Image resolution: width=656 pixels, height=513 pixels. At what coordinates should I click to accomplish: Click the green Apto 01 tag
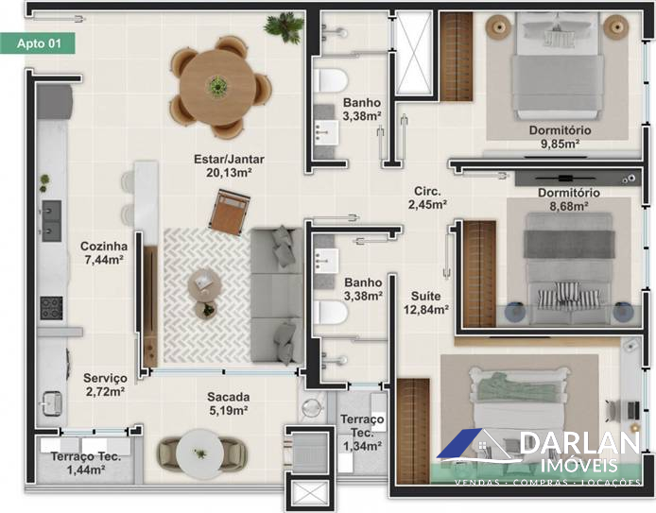point(38,43)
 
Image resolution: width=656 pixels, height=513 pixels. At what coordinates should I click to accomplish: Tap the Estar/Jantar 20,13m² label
point(229,165)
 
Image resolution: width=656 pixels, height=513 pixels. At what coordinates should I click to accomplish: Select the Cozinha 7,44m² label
point(104,252)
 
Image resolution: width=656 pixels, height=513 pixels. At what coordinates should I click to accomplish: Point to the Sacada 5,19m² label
point(229,403)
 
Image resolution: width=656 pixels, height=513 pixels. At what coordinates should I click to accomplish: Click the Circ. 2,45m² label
point(427,197)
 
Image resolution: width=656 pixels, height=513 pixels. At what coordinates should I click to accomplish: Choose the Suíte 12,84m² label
point(426,302)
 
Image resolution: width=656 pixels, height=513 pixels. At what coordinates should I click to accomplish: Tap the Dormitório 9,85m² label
point(560,137)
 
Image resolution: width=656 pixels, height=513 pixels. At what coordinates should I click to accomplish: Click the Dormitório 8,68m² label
point(568,199)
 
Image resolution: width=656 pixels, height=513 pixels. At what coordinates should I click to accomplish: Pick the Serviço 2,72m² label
point(105,385)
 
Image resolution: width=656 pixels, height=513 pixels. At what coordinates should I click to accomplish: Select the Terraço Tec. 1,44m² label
point(86,463)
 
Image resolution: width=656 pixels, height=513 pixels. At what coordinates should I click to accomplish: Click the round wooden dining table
point(217,87)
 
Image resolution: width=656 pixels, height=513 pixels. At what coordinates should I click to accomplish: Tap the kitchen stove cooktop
point(51,308)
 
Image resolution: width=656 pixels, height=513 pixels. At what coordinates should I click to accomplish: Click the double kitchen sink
point(51,221)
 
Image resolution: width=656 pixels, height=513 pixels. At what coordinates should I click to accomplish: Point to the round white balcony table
point(200,453)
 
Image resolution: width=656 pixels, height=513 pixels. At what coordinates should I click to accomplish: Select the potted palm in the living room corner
point(285,26)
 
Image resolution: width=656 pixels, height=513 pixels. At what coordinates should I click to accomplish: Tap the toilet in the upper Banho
point(330,80)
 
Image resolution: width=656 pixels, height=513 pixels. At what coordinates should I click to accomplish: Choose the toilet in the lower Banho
point(330,313)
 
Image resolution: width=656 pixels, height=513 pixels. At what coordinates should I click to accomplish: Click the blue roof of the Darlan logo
point(459,443)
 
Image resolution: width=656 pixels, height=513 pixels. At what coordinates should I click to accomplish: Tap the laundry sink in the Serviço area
point(51,403)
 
